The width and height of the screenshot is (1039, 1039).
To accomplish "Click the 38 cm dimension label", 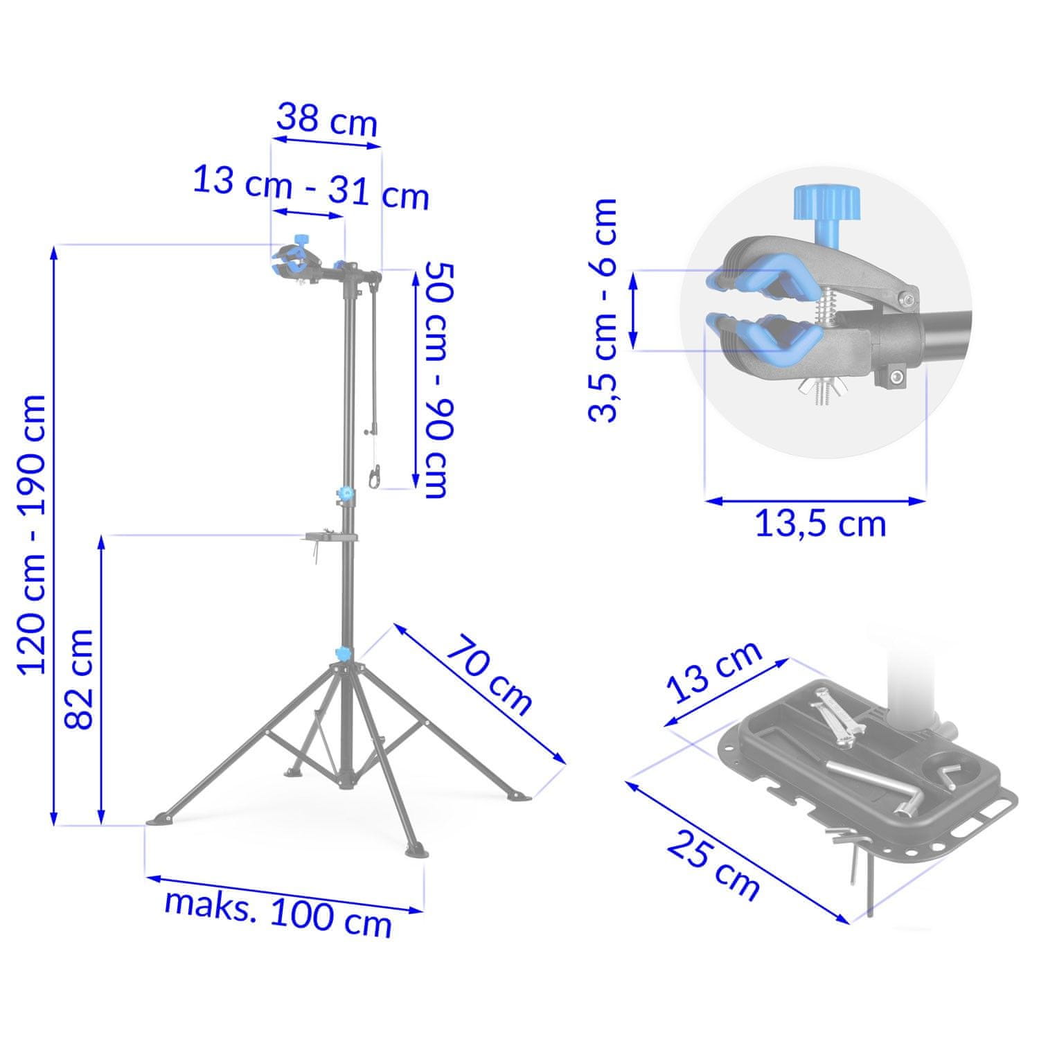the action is point(327,121).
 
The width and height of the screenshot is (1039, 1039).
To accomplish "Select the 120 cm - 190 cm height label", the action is point(33,534).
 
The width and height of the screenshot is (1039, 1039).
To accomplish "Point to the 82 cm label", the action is point(79,680).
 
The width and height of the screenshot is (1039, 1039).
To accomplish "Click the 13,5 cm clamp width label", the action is point(820,524).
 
